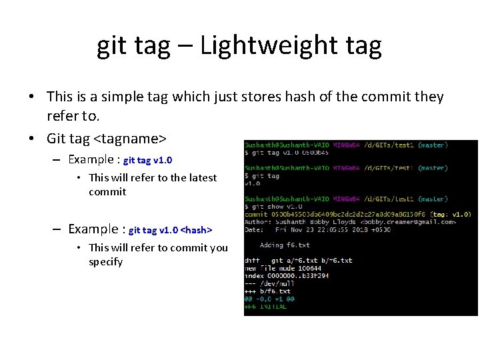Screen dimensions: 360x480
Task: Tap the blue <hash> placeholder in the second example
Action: [197, 230]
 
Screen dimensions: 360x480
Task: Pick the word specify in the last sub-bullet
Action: [106, 262]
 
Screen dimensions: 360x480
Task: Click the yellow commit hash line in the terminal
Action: [333, 214]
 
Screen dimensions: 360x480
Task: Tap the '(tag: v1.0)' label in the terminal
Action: [451, 214]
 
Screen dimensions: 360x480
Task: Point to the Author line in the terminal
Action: [350, 222]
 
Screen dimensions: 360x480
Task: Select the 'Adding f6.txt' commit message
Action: [285, 245]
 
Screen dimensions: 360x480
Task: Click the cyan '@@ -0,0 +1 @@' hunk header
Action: [270, 299]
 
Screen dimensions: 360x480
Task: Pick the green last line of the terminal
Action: [266, 307]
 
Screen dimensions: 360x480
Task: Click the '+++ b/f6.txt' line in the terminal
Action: [268, 291]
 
